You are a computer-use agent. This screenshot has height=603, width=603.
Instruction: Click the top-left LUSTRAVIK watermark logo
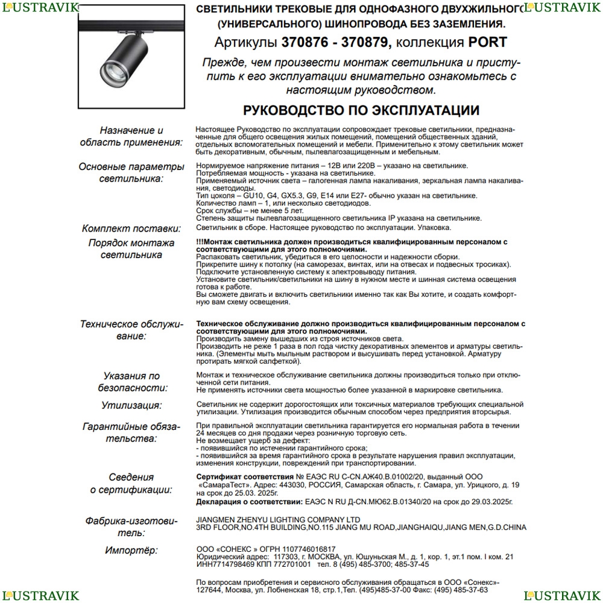40,7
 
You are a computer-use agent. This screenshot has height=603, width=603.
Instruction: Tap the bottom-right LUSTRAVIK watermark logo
563,596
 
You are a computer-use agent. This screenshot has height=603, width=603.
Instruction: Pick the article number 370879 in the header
367,43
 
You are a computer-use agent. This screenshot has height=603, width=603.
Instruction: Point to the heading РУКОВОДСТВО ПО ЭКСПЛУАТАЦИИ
361,110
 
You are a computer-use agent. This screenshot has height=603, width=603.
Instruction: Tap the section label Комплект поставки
131,229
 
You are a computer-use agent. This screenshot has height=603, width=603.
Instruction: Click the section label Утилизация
131,405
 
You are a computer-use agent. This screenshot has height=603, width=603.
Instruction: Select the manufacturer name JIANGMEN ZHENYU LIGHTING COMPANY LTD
278,520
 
